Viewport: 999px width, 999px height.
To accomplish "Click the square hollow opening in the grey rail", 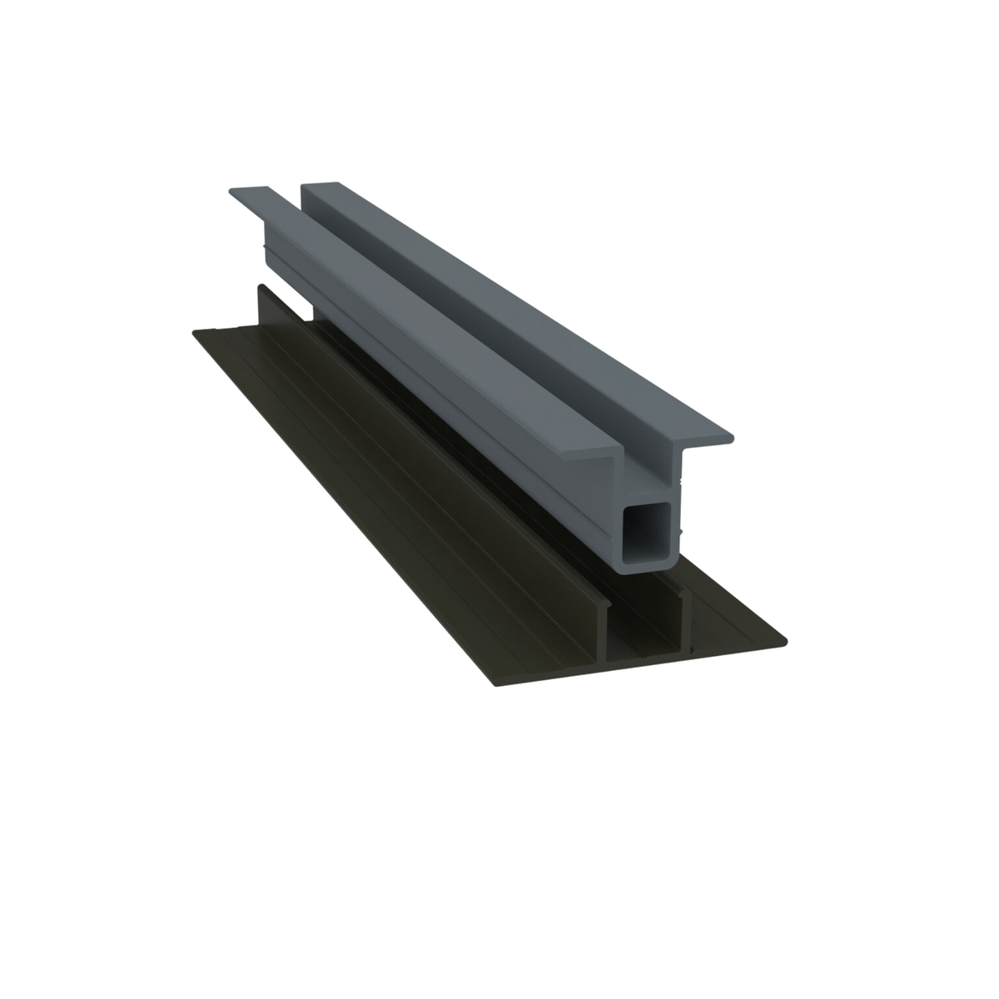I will coord(650,533).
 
